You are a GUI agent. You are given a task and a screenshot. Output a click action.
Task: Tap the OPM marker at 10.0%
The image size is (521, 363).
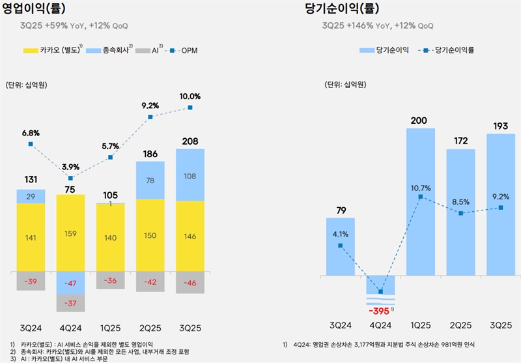tap(190, 108)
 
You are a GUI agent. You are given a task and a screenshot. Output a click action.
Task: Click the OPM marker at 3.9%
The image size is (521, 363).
tap(70, 178)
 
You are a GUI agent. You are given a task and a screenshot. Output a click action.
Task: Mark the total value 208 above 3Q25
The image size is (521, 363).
tap(190, 141)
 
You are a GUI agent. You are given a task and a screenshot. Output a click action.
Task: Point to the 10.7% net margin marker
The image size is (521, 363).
tap(421, 196)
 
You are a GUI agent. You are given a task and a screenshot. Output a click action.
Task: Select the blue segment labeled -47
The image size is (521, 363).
tap(70, 282)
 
